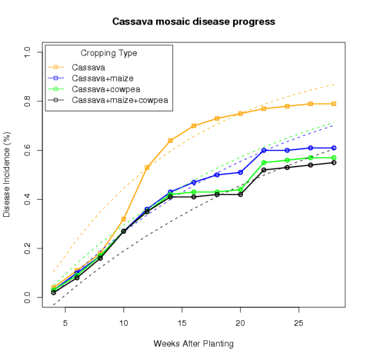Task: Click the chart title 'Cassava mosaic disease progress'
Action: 193,22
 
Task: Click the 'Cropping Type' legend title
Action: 109,53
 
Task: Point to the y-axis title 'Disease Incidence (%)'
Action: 7,176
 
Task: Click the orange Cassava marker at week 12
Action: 147,167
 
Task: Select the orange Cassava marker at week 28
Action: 333,103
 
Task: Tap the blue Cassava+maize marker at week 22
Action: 264,150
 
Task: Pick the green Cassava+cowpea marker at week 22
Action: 264,162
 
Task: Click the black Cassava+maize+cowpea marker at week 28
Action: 333,162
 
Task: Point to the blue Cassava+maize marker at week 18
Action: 217,174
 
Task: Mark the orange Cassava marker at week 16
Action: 193,126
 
